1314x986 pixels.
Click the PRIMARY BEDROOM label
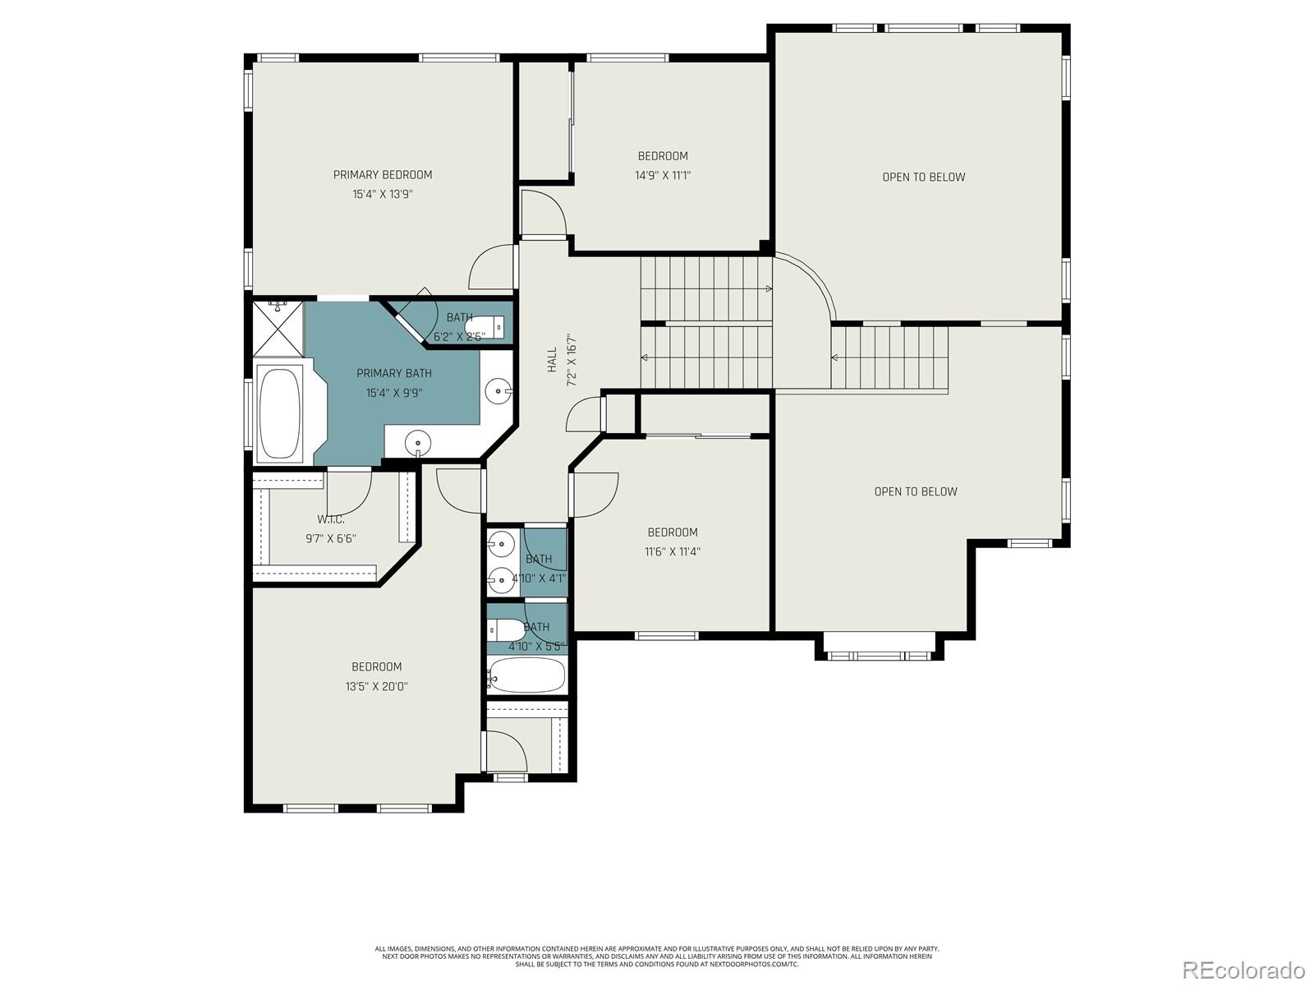click(382, 175)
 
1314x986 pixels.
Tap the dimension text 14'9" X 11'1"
click(663, 175)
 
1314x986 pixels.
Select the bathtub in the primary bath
click(279, 413)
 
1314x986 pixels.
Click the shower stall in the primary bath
click(278, 326)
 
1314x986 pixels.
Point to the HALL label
click(552, 360)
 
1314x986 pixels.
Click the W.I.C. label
click(330, 519)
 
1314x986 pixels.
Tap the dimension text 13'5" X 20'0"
click(377, 686)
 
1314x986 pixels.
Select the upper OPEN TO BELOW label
click(923, 177)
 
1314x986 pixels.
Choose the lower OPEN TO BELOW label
click(915, 491)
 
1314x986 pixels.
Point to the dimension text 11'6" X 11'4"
click(672, 551)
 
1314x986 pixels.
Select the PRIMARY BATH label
click(393, 373)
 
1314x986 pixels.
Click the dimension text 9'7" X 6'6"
click(330, 539)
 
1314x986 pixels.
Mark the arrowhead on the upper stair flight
click(768, 289)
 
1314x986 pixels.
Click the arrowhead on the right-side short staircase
click(835, 357)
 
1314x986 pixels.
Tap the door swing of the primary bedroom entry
click(490, 269)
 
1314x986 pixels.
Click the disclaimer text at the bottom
click(657, 956)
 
